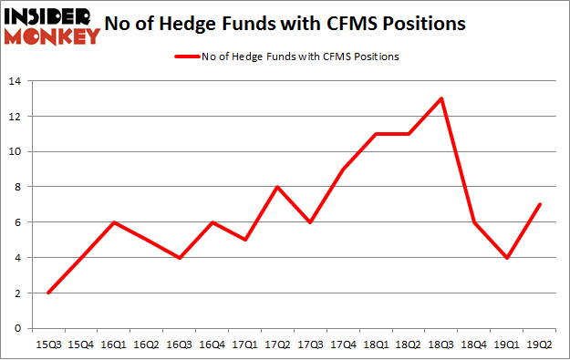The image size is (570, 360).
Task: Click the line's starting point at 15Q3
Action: (x=48, y=293)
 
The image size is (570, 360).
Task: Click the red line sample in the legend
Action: (x=187, y=57)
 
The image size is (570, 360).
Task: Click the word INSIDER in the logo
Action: (x=51, y=17)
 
